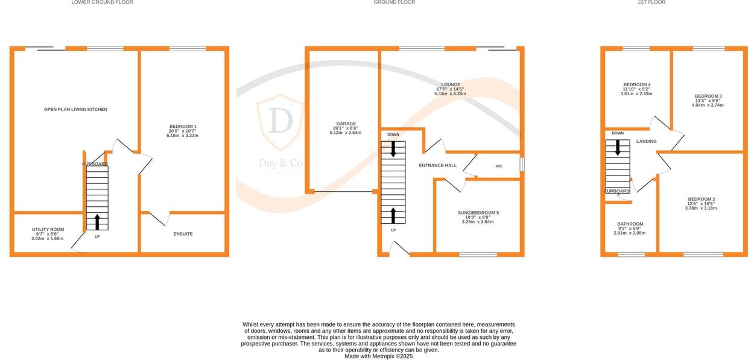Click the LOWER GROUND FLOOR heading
point(102,2)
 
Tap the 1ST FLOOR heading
point(651,2)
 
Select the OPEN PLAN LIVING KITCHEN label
point(75,110)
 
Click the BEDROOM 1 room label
point(183,127)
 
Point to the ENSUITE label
point(183,234)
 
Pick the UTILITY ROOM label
point(48,230)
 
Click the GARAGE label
point(346,124)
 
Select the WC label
point(499,166)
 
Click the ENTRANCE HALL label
point(438,165)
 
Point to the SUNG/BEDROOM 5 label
point(478,213)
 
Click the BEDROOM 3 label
point(708,96)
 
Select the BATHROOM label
point(630,224)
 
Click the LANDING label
point(647,142)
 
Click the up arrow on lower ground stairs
point(98,221)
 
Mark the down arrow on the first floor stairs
point(618,148)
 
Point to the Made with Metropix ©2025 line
point(378,356)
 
